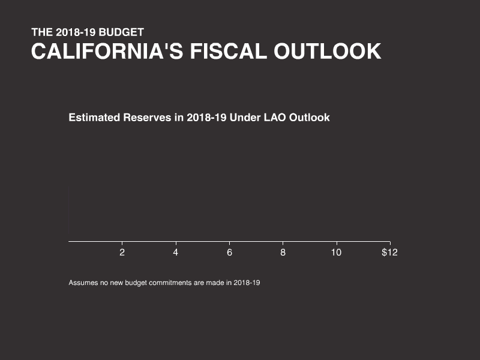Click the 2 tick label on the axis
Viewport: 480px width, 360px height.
pyautogui.click(x=122, y=253)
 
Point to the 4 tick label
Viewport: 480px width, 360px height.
pyautogui.click(x=176, y=253)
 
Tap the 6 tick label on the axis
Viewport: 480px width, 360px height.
pyautogui.click(x=229, y=253)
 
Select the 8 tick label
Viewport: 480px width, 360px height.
pyautogui.click(x=283, y=253)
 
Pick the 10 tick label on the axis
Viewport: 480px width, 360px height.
pyautogui.click(x=337, y=253)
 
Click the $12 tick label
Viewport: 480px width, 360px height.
pyautogui.click(x=389, y=253)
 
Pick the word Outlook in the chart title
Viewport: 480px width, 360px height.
pyautogui.click(x=310, y=118)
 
